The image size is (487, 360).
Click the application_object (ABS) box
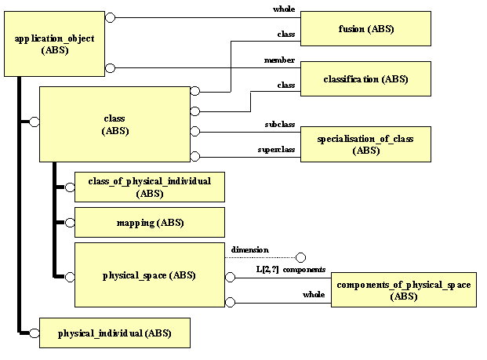(53, 44)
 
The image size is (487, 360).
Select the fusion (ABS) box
(365, 29)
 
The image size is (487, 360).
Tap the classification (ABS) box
(365, 79)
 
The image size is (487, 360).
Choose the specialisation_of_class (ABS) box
(365, 144)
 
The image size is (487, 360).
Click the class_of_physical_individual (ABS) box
(148, 187)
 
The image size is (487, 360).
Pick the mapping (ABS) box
(148, 223)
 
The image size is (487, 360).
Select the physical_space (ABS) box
(148, 275)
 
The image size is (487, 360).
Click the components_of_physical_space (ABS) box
(404, 290)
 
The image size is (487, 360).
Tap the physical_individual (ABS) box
(114, 333)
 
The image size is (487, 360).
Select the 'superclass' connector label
(277, 149)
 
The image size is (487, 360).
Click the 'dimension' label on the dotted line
(249, 250)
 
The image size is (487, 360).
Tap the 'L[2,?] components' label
(291, 270)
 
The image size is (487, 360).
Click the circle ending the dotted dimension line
(300, 256)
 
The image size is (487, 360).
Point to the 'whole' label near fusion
(283, 9)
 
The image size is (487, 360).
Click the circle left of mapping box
(70, 223)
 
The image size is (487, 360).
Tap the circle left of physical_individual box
(35, 333)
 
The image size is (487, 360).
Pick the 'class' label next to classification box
(285, 85)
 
